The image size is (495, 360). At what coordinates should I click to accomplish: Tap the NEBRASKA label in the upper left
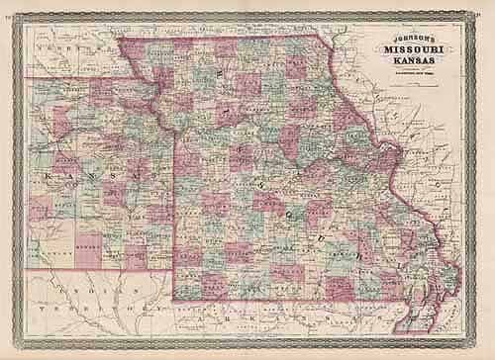[69, 46]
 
